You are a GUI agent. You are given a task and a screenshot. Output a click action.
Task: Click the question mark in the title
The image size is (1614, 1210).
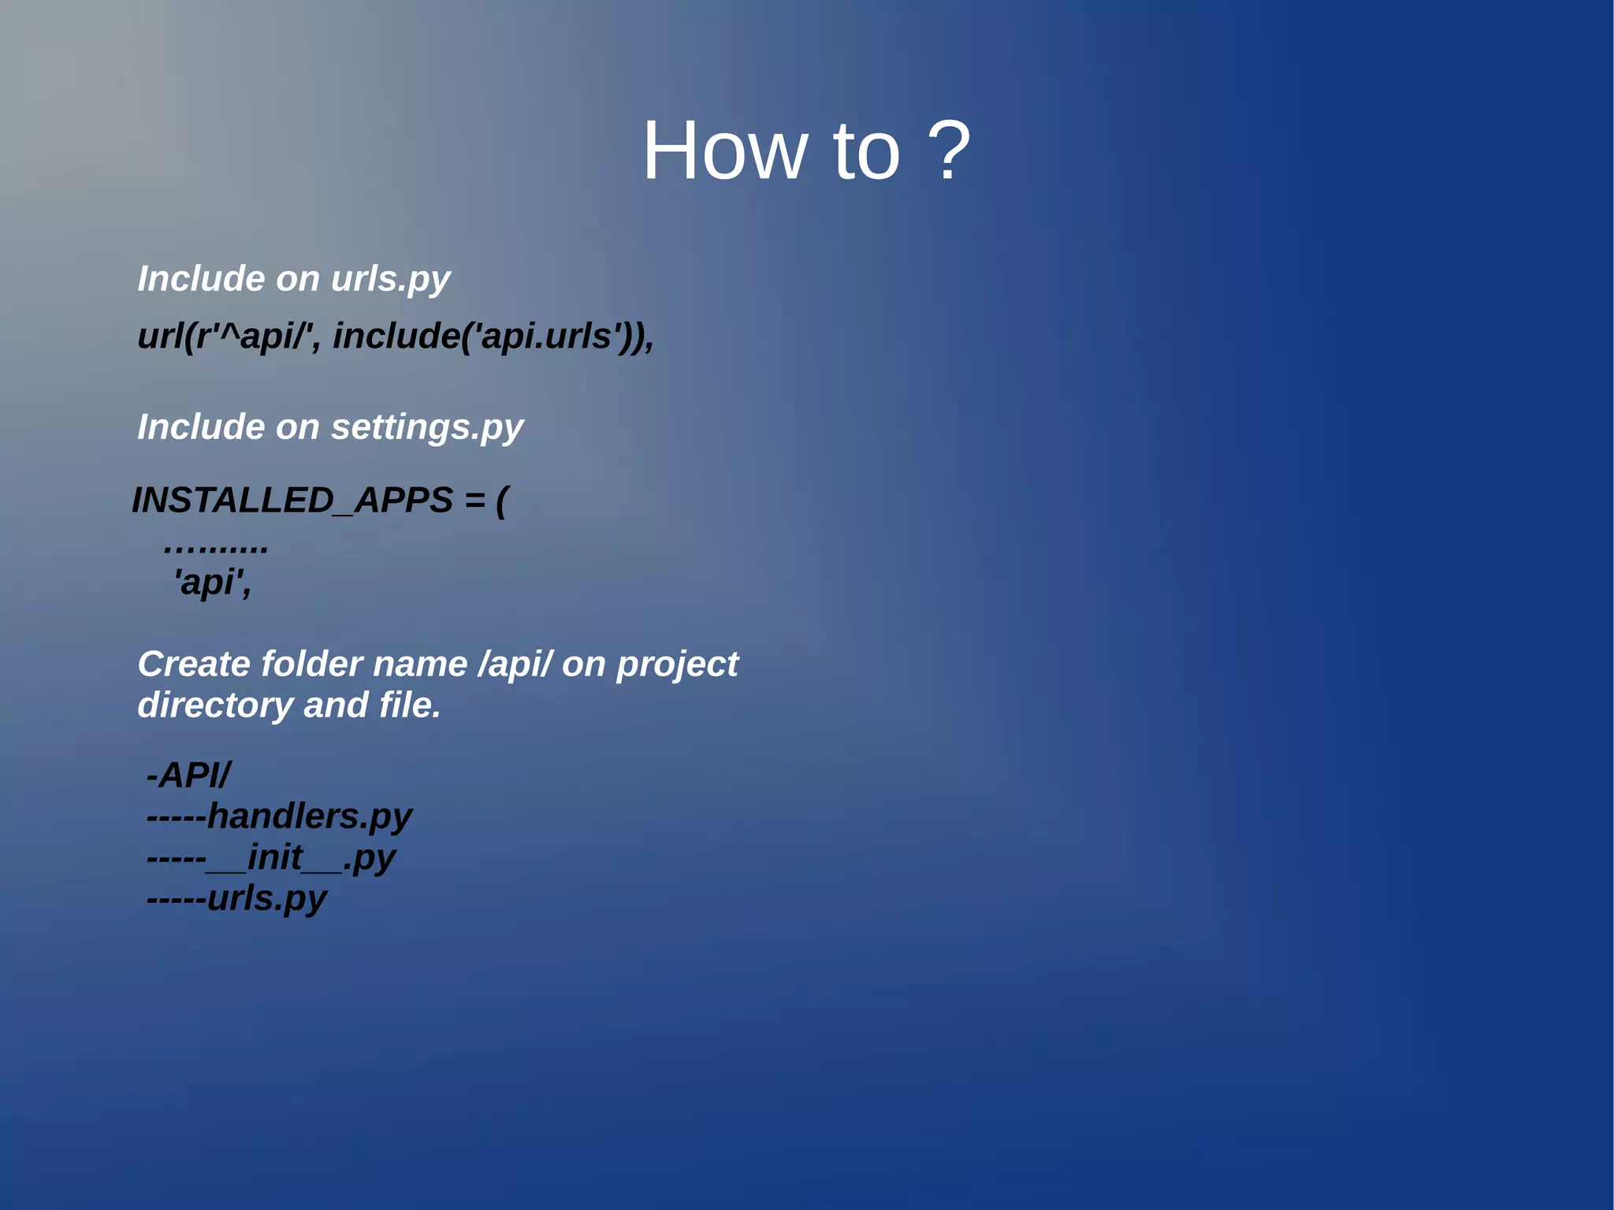tap(948, 151)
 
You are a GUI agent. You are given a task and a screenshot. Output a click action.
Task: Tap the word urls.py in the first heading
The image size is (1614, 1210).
tap(390, 279)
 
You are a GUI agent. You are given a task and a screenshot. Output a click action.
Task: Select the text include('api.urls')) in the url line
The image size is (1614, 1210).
tap(493, 337)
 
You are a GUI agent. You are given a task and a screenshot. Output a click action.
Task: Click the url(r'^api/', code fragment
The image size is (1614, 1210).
tap(229, 337)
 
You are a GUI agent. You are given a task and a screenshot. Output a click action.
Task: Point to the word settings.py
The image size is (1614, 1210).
tap(427, 427)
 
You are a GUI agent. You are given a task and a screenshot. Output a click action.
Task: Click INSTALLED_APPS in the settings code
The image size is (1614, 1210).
tap(292, 501)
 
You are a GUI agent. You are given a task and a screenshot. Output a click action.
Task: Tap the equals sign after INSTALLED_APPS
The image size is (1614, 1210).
tap(474, 501)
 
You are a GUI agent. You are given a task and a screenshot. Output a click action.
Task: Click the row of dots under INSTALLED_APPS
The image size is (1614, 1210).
tap(216, 546)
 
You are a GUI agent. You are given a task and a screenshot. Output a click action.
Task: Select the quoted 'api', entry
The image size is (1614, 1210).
tap(212, 583)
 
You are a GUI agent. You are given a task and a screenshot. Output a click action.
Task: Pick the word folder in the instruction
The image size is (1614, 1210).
tap(311, 665)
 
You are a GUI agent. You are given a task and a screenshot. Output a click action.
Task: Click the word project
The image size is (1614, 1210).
tap(677, 665)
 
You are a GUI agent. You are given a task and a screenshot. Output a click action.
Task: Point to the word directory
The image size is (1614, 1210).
tap(214, 706)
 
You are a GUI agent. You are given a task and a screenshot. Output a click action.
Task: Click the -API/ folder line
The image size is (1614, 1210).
tap(188, 775)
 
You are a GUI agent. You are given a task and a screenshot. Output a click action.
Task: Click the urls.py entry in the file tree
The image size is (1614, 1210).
tap(266, 899)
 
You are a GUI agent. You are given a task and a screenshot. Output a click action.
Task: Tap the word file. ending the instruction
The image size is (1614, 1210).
tap(410, 706)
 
